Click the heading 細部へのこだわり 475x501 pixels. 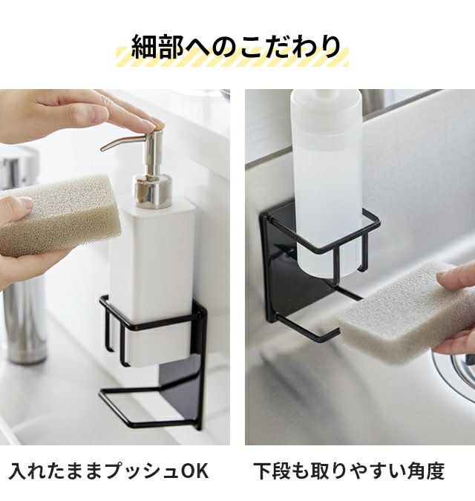coord(236,47)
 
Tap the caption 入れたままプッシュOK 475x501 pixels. coord(108,471)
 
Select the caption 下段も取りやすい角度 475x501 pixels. coord(349,471)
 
